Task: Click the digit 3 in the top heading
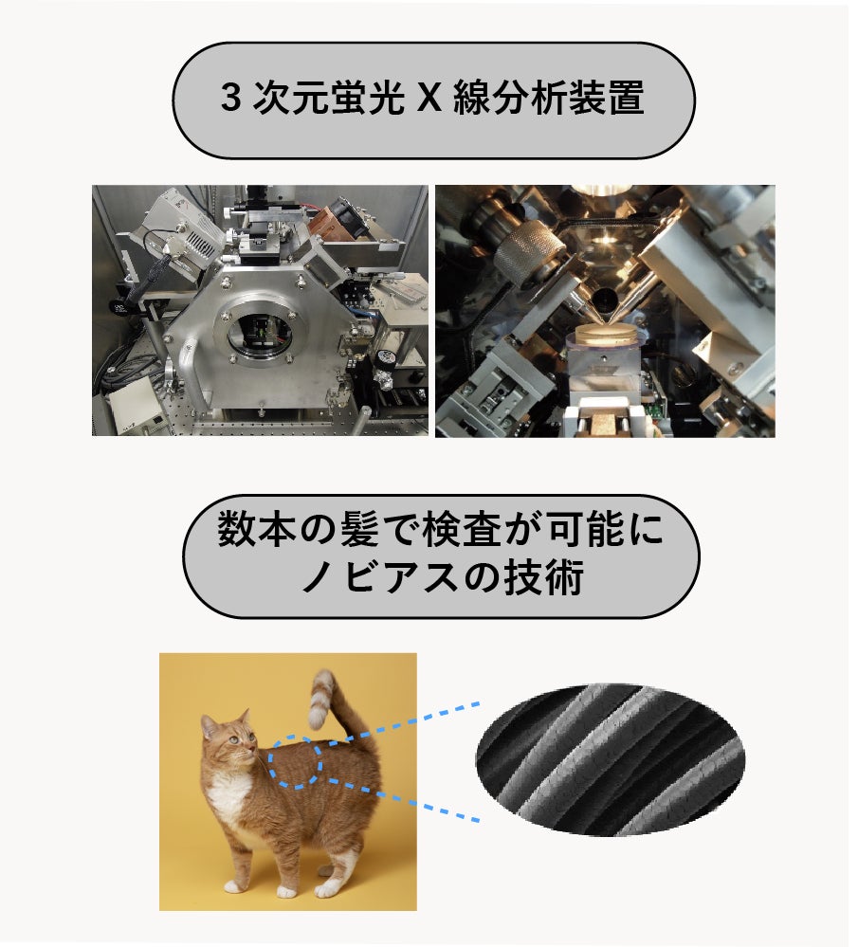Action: pyautogui.click(x=230, y=98)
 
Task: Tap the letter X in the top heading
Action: pyautogui.click(x=429, y=98)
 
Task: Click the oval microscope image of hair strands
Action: pyautogui.click(x=611, y=759)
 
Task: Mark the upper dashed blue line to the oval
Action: pyautogui.click(x=399, y=724)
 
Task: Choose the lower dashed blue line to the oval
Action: pyautogui.click(x=399, y=798)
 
